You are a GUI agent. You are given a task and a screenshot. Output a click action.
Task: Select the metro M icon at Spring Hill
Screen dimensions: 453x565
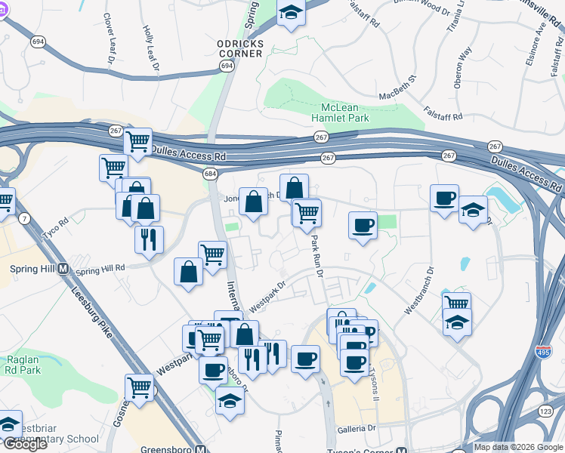coord(63,269)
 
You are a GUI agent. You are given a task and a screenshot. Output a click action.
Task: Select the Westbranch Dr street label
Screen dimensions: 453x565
coord(419,289)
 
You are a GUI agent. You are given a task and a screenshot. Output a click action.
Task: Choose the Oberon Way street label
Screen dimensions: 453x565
coord(462,67)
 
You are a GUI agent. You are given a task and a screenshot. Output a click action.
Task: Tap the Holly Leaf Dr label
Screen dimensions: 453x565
coord(151,50)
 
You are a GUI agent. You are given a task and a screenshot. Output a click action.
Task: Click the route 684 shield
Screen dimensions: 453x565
coord(209,174)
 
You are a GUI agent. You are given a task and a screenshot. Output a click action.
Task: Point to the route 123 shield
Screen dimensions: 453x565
coord(545,410)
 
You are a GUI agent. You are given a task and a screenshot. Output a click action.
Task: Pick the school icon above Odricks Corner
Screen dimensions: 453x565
coord(290,13)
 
